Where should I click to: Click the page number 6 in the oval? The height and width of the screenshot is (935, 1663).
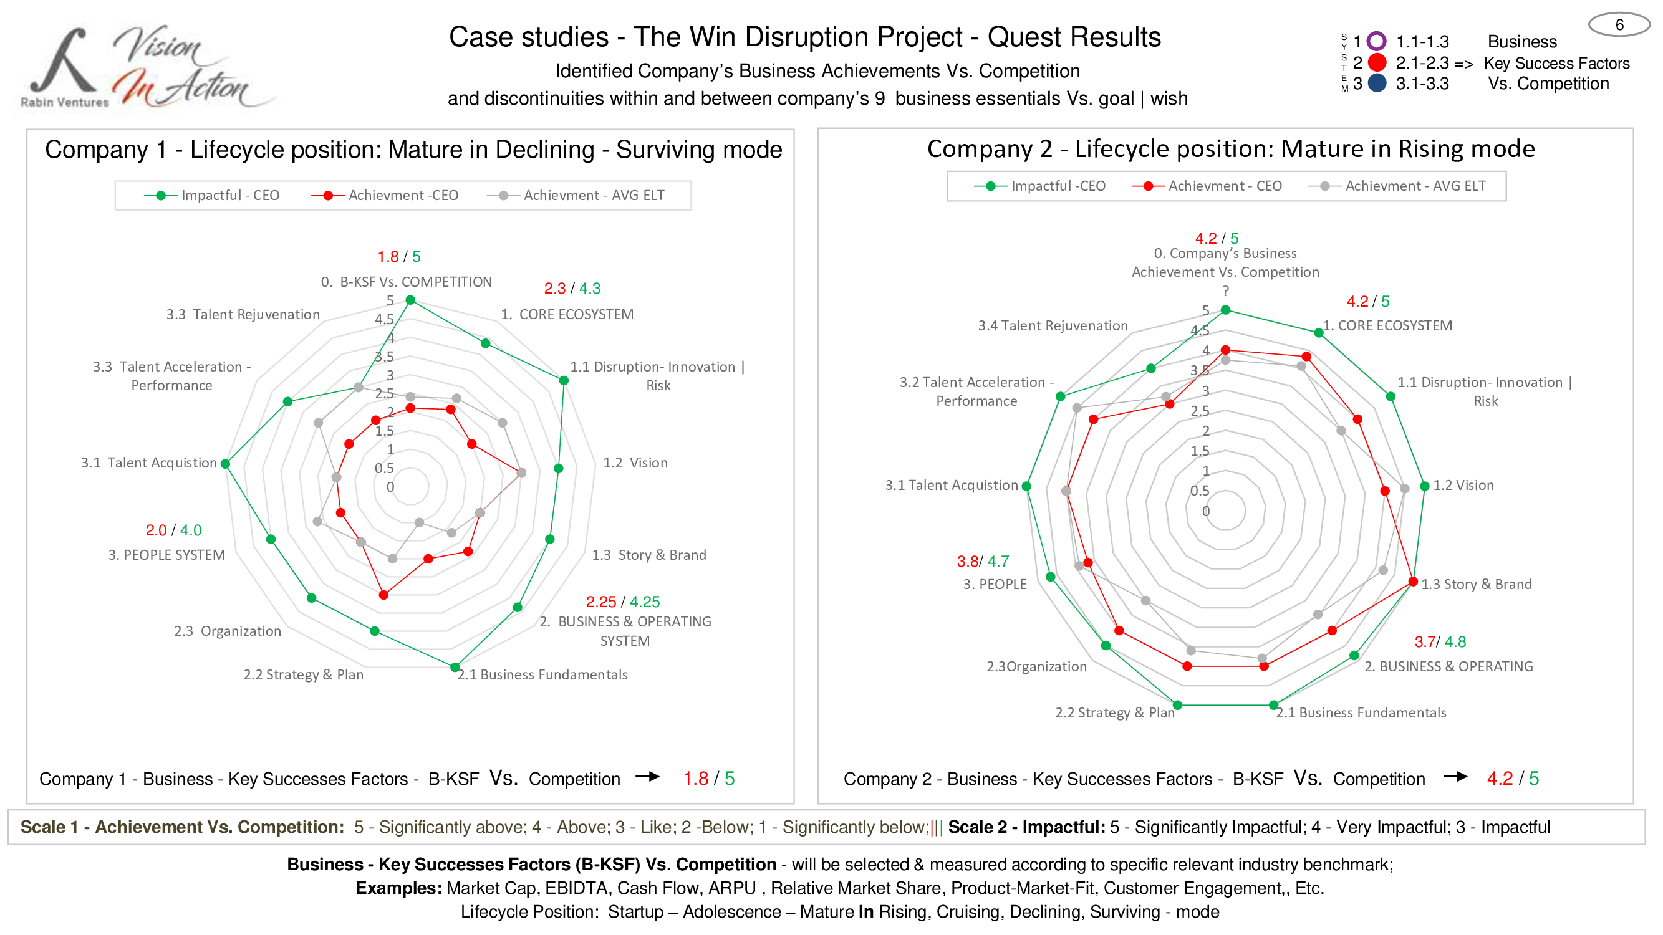1619,25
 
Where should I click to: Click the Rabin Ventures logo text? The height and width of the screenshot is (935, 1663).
65,102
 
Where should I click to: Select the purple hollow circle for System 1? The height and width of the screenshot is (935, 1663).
1376,41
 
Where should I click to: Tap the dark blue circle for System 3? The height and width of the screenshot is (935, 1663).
1377,84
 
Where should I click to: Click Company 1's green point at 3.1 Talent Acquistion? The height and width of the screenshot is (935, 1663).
225,464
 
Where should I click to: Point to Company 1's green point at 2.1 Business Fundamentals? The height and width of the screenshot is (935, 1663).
455,667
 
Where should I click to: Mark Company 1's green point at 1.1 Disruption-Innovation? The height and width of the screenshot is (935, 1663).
564,381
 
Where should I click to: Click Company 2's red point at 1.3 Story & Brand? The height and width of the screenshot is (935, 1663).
1413,582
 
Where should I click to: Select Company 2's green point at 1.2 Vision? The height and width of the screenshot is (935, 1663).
1425,486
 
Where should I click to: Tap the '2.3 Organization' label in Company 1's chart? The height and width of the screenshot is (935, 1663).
227,631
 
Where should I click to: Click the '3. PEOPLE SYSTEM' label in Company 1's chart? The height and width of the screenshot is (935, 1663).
166,555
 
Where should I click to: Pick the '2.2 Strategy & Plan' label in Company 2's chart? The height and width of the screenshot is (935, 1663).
1114,712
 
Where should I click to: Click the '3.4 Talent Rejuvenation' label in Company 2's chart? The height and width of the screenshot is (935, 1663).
1053,326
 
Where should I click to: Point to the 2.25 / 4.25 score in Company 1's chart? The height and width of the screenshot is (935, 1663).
622,602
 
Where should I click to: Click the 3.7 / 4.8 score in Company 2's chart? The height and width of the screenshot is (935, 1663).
1440,642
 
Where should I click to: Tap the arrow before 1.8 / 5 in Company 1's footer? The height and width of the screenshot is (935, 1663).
647,777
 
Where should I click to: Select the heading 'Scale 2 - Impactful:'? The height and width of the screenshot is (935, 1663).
1026,827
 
